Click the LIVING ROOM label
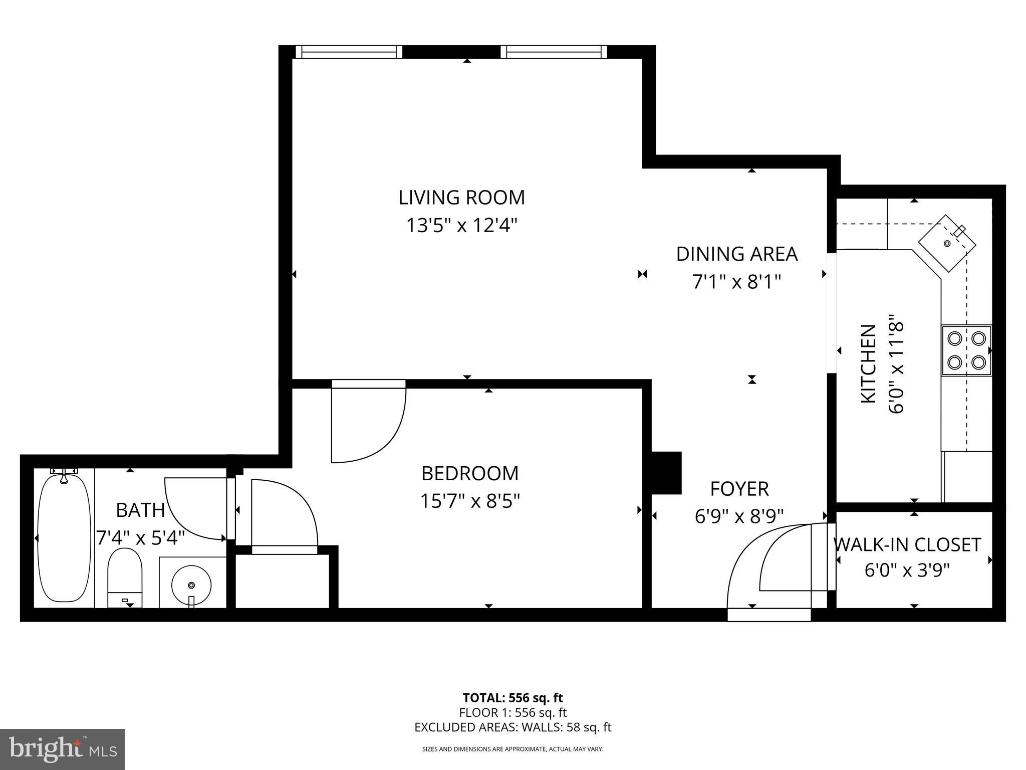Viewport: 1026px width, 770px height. coord(461,198)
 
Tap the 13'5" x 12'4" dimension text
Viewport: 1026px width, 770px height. coord(461,226)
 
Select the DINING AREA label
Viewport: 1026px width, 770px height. coord(736,254)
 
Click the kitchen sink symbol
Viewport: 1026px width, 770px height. coord(947,244)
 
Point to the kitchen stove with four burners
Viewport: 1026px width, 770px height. coord(966,350)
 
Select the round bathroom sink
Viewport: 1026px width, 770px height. coord(191,585)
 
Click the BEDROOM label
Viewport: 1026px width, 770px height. coord(470,473)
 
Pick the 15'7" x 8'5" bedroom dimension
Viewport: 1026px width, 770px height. coord(470,501)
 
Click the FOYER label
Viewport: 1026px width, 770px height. coord(739,489)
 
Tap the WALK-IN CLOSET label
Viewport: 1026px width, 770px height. coord(907,545)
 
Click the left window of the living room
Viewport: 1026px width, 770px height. coord(349,52)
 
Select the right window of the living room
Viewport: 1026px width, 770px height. coord(554,52)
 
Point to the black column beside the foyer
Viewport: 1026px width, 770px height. coord(666,473)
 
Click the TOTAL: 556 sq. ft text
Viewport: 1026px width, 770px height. coord(512,698)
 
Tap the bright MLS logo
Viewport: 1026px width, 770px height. coord(63,749)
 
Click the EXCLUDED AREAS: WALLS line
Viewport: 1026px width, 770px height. coord(512,727)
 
